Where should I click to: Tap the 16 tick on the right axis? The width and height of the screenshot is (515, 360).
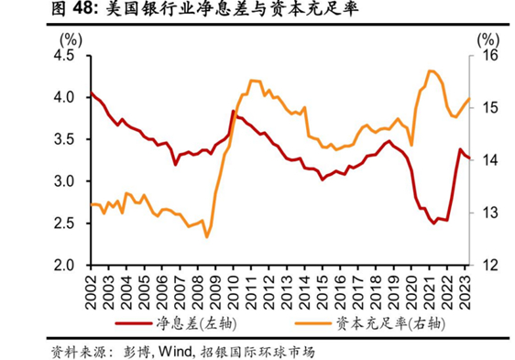[x=487, y=55]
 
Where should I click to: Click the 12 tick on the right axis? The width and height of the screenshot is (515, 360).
[x=487, y=266]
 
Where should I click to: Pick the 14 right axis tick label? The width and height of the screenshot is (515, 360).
[x=487, y=160]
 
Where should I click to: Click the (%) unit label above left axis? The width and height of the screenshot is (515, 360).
[x=70, y=38]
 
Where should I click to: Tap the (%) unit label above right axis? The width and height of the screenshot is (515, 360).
[x=488, y=38]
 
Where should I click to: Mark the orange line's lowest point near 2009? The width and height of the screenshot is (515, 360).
[x=207, y=236]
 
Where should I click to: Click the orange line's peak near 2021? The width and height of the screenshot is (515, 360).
[x=431, y=71]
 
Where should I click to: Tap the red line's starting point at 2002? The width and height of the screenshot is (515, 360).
[x=91, y=93]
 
